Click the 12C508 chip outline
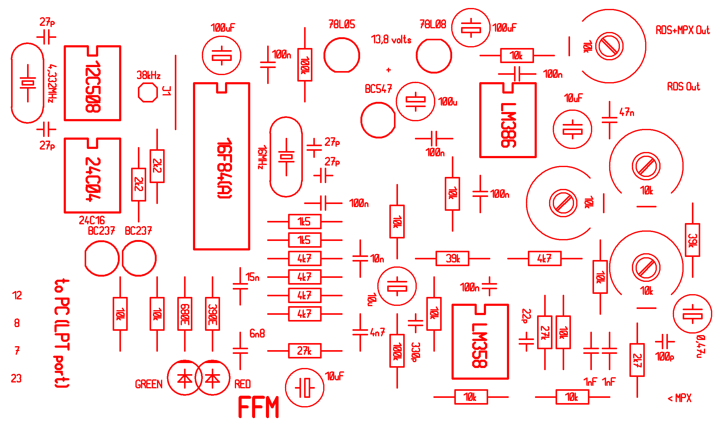(x=92, y=83)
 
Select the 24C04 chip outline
(x=92, y=175)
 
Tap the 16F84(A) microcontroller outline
(x=222, y=166)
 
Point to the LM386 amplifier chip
(x=508, y=120)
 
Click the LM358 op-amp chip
(x=480, y=342)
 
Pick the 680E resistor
(x=185, y=314)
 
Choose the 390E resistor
(x=212, y=314)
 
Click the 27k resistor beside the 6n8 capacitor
(x=305, y=351)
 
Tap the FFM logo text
(x=259, y=407)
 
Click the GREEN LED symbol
(x=185, y=378)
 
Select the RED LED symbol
(x=213, y=378)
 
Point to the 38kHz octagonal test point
(x=148, y=92)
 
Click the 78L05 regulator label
(x=342, y=24)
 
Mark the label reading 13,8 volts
(x=391, y=40)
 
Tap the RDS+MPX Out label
(x=682, y=30)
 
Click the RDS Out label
(x=683, y=86)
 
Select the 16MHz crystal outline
(x=286, y=157)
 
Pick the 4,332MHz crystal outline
(x=28, y=83)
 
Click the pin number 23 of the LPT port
(x=16, y=378)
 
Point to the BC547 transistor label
(x=378, y=89)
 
